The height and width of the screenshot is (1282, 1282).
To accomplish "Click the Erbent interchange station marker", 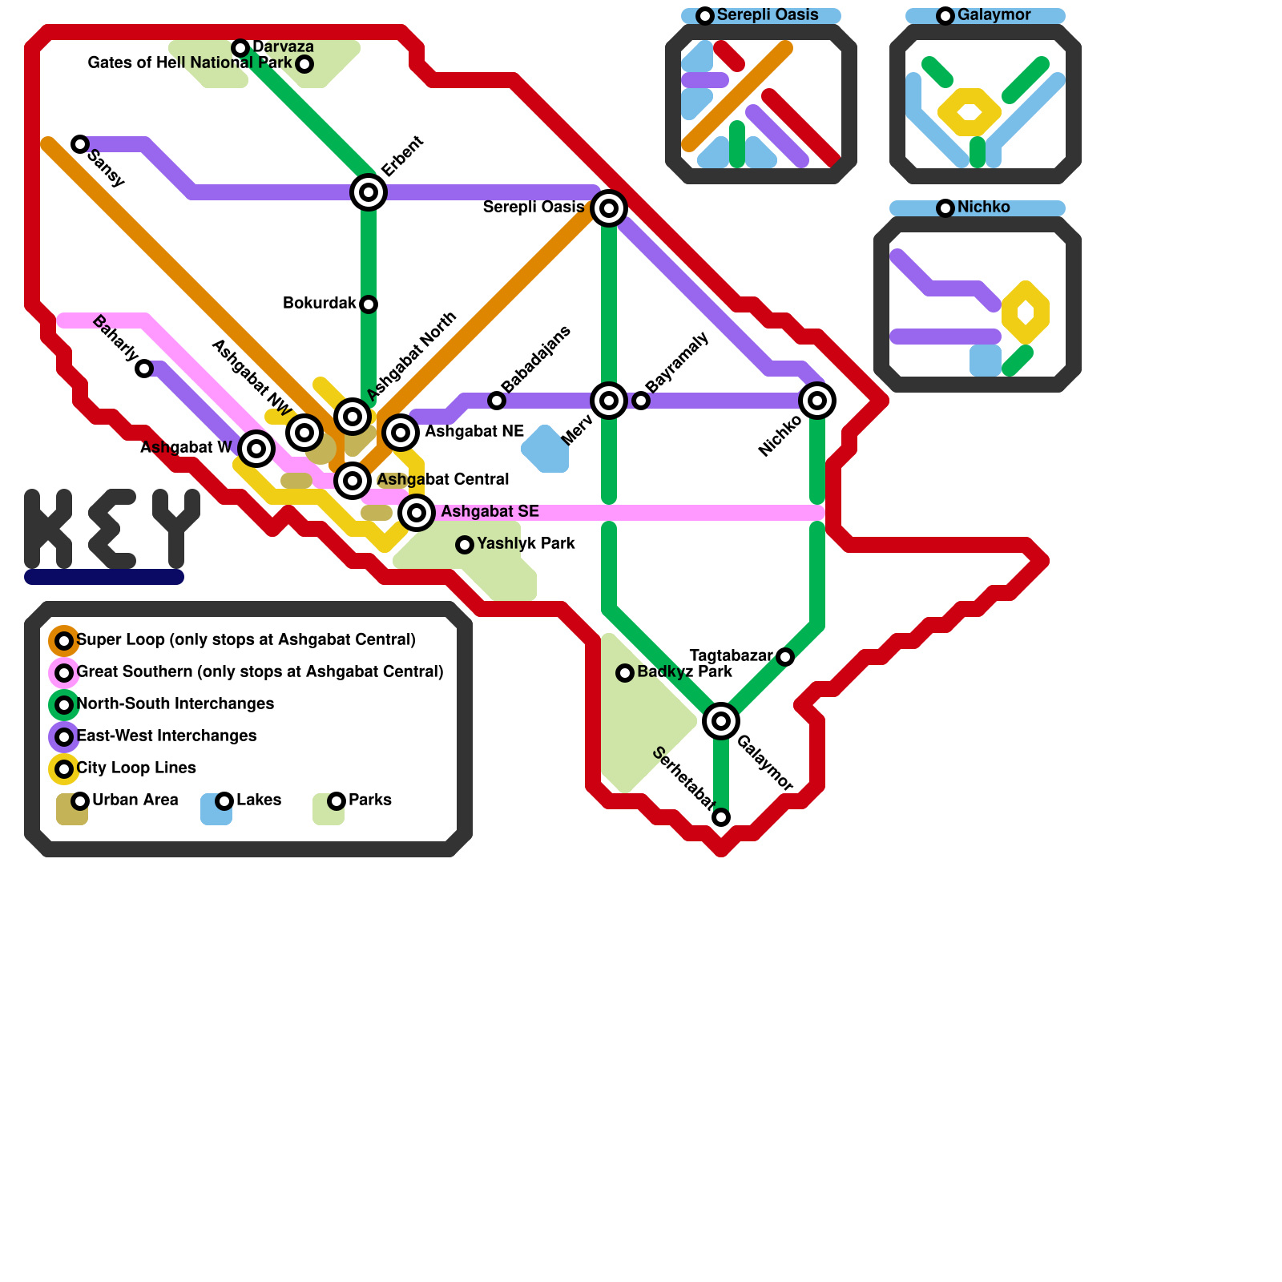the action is click(369, 192).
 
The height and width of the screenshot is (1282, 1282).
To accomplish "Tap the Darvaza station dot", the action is click(240, 48).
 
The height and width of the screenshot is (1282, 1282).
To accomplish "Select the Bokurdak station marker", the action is click(369, 304).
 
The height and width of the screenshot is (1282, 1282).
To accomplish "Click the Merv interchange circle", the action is click(609, 401).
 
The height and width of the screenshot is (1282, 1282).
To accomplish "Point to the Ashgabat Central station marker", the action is click(353, 481).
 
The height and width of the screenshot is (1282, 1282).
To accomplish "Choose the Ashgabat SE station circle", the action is click(417, 513).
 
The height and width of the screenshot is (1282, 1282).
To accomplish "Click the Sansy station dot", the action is click(80, 144).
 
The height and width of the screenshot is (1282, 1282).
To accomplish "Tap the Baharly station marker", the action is click(144, 369).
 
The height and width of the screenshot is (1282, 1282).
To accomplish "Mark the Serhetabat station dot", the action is click(721, 817).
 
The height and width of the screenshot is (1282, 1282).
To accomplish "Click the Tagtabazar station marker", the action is click(785, 657).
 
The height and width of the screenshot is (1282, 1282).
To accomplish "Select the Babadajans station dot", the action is click(497, 401).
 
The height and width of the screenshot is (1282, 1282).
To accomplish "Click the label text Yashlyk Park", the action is click(526, 544).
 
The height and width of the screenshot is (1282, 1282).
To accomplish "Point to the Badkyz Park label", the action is click(684, 672).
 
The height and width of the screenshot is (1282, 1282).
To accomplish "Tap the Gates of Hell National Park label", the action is click(190, 63).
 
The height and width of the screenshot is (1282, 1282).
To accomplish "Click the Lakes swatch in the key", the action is click(216, 809).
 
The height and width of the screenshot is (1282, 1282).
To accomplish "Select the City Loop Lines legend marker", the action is click(64, 769).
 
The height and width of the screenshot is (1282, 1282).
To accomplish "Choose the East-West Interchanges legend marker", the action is click(64, 737).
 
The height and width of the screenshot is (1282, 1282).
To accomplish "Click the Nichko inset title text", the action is click(983, 208).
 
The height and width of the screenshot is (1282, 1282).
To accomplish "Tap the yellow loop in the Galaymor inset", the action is click(970, 112).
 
